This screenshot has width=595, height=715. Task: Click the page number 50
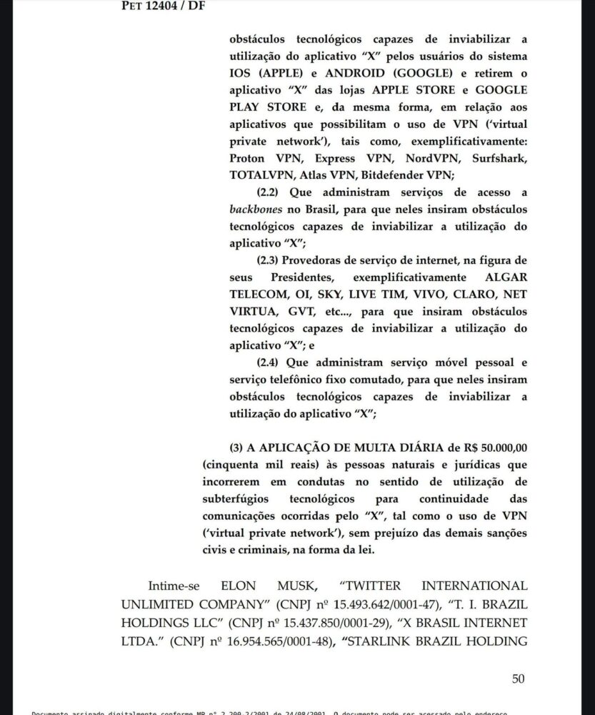point(518,679)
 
